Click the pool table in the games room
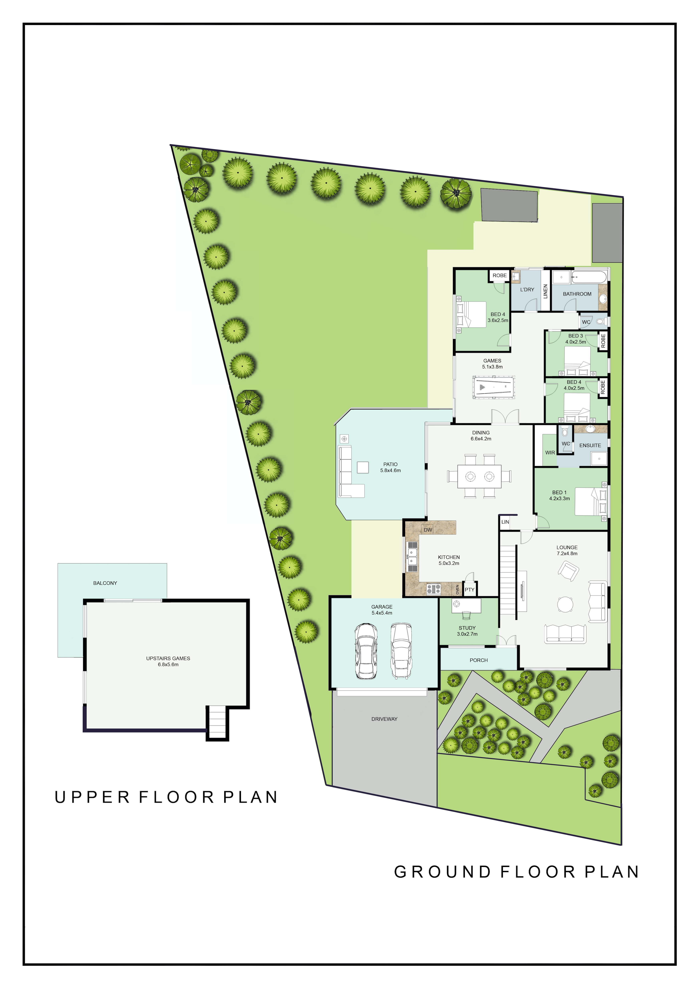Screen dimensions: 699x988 coord(493,388)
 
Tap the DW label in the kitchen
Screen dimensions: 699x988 coord(428,530)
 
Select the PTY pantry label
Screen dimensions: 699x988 coord(470,590)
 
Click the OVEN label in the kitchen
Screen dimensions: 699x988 coord(457,590)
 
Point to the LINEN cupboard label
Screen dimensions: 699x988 coord(545,291)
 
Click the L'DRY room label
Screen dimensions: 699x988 coord(527,290)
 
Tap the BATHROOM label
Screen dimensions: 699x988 coord(577,294)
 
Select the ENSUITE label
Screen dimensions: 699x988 coord(590,445)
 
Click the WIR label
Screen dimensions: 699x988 coord(550,453)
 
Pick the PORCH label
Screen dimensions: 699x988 coord(479,660)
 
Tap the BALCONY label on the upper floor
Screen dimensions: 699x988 coord(105,583)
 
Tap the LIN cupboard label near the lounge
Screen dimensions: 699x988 coord(505,522)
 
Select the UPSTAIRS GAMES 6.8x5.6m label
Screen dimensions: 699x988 coord(168,661)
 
